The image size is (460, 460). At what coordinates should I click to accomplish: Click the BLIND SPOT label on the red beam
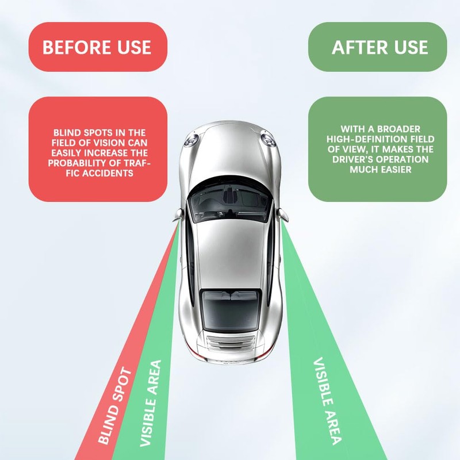[115, 406]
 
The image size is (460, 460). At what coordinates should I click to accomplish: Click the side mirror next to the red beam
[179, 214]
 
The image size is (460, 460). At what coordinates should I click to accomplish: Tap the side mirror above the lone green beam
[282, 214]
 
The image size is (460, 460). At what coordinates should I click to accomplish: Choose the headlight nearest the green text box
[268, 138]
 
